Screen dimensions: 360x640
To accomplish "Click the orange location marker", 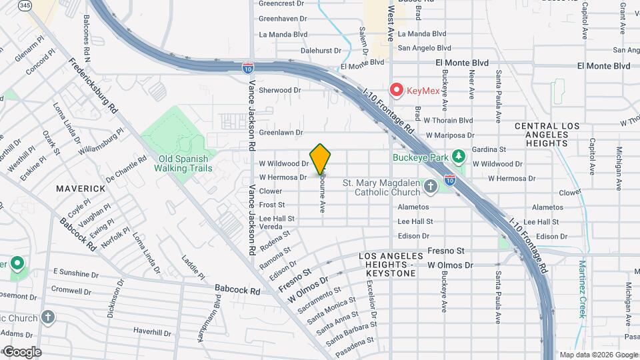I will click(321, 159).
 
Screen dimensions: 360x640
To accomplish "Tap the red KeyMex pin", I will click(397, 89).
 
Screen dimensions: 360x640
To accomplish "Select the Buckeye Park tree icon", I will click(457, 157).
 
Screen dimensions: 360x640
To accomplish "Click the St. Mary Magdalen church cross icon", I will click(431, 186).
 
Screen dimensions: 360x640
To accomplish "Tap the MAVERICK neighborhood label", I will click(81, 189).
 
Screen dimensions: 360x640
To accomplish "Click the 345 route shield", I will click(25, 5).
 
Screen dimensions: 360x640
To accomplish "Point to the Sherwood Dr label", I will click(280, 90).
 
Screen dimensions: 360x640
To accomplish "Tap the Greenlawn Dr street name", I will click(281, 133).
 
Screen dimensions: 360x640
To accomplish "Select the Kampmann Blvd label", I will click(217, 315).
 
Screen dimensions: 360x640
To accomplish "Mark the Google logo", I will click(22, 351).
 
